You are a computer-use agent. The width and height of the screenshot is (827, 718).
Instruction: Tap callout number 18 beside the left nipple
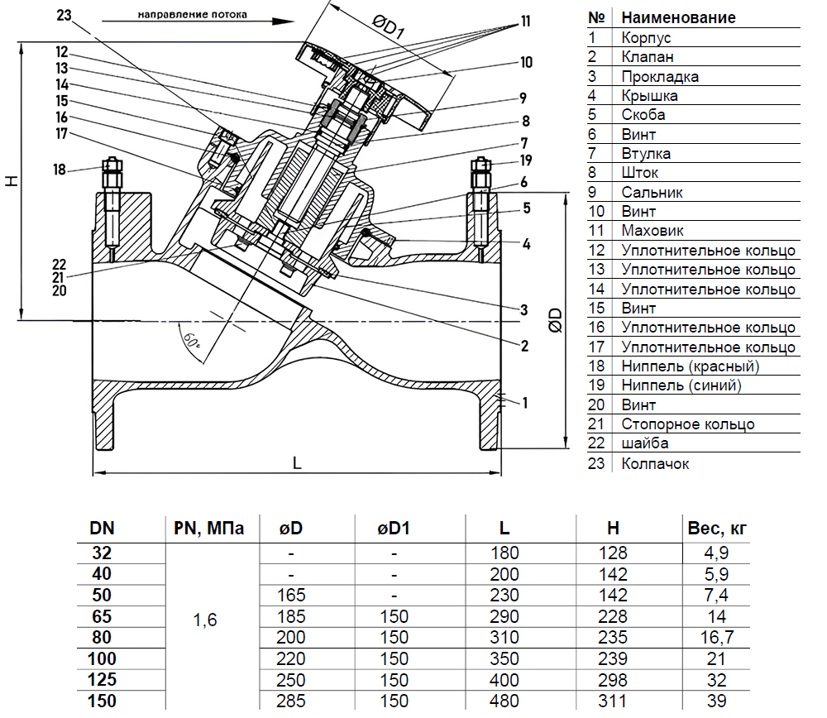click(59, 170)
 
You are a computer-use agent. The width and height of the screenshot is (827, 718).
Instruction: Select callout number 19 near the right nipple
click(526, 160)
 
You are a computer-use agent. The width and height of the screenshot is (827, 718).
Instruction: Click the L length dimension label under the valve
click(296, 463)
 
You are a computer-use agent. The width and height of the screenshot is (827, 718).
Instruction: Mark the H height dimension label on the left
click(10, 181)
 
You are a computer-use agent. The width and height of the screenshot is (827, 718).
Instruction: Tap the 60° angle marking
click(193, 339)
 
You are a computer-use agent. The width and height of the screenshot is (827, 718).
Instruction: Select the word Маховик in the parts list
click(653, 231)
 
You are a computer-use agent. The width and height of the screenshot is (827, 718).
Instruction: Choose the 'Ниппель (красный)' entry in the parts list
click(690, 366)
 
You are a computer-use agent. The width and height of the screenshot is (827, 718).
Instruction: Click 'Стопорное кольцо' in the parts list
click(687, 424)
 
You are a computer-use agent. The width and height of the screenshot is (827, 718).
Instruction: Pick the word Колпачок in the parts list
click(655, 463)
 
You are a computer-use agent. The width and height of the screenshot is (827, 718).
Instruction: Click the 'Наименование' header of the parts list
click(678, 17)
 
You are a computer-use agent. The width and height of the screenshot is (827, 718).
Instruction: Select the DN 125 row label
click(103, 680)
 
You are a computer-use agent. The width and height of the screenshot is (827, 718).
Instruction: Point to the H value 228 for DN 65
click(612, 617)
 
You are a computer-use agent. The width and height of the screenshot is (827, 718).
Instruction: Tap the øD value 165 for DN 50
click(292, 596)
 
